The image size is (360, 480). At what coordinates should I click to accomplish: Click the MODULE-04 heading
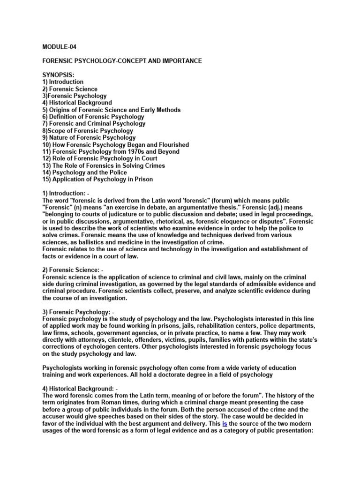pyautogui.click(x=59, y=47)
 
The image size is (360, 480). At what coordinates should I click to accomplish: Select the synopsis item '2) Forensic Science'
pyautogui.click(x=70, y=89)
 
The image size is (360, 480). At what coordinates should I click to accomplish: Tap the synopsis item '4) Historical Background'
pyautogui.click(x=77, y=103)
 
